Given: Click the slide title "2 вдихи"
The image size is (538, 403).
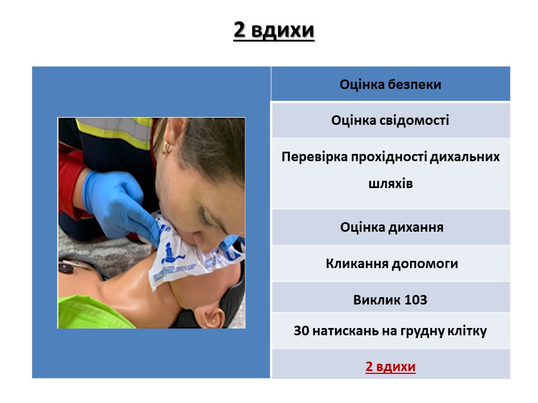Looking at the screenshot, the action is pyautogui.click(x=274, y=30).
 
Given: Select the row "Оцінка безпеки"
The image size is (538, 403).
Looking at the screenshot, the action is pyautogui.click(x=391, y=85).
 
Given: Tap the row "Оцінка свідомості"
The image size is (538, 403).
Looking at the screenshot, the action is pyautogui.click(x=391, y=120).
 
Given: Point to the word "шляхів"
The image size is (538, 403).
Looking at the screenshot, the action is pyautogui.click(x=391, y=184).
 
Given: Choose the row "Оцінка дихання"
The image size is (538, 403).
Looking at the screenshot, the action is pyautogui.click(x=391, y=227).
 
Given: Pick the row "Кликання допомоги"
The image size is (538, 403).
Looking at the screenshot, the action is pyautogui.click(x=391, y=264).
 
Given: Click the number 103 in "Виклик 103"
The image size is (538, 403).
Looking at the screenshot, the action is pyautogui.click(x=415, y=300).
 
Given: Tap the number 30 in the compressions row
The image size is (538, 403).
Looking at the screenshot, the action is pyautogui.click(x=302, y=331).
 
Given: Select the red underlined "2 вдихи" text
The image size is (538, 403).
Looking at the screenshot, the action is pyautogui.click(x=391, y=367).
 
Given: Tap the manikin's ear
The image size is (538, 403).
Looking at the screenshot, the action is pyautogui.click(x=213, y=317).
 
